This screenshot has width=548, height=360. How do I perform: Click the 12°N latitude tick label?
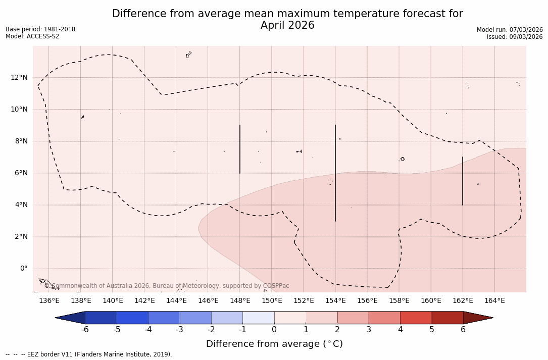[19, 78]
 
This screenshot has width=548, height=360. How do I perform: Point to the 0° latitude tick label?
[23, 269]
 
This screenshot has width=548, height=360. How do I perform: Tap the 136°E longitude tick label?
[49, 301]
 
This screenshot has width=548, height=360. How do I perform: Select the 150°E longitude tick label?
[272, 301]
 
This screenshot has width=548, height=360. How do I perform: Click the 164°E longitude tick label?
[494, 301]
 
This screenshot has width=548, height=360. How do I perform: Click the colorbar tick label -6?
[85, 330]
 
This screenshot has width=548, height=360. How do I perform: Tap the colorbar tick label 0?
[274, 330]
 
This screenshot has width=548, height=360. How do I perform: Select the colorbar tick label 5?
[432, 330]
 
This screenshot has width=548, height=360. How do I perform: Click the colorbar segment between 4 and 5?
[416, 318]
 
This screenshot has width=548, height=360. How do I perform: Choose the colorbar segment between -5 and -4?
[132, 318]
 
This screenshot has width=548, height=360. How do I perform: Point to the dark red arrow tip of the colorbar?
[477, 318]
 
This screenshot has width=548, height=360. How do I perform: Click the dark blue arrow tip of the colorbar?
[71, 318]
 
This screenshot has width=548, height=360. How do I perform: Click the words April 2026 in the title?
[287, 26]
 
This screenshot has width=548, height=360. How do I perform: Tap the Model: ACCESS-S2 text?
[32, 36]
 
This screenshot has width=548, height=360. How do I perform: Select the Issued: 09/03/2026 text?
[515, 37]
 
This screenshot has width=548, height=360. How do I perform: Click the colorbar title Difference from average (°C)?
[274, 344]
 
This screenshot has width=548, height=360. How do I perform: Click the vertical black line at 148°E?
[240, 149]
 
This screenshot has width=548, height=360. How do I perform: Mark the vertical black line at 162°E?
[463, 181]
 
